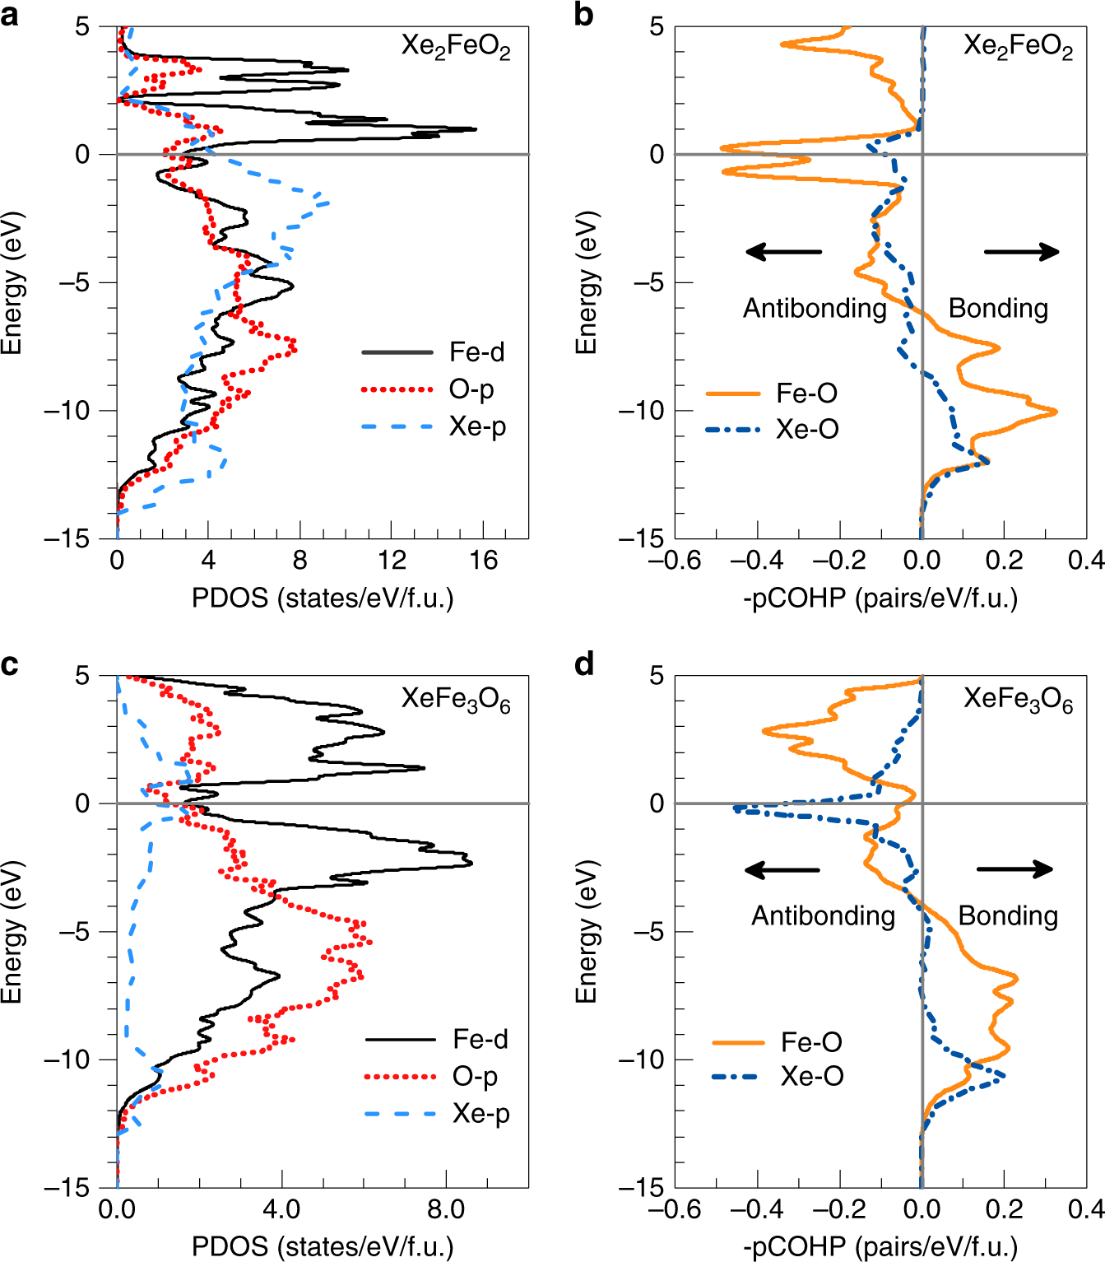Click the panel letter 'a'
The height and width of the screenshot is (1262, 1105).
coord(11,15)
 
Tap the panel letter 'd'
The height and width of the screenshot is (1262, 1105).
coord(584,664)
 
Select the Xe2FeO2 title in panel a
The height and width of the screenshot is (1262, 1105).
coord(455,47)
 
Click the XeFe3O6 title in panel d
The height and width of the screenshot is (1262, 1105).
coord(1018,701)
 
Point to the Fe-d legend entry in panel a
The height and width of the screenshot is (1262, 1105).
coord(476,352)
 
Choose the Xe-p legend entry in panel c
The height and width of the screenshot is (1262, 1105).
coord(481,1114)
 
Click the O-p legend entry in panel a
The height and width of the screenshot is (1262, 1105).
coord(471,389)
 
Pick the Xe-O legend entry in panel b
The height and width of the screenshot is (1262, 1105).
coord(806,429)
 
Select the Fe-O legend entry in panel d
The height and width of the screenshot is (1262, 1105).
coord(810,1042)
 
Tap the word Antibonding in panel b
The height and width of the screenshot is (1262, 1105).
coord(815,308)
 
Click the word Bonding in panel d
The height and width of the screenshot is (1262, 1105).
coord(1008,915)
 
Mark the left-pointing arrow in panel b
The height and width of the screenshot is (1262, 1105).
coord(783,252)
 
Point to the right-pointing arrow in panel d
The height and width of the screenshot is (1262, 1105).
coord(1014,869)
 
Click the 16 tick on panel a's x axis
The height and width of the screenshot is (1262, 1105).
coord(483,561)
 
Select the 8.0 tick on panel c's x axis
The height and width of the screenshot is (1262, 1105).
coord(446,1209)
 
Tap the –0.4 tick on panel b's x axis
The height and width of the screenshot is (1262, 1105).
coord(756,561)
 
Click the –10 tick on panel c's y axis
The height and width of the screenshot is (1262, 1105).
coord(69,1059)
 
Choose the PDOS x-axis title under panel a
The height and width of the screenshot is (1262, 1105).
coord(323,598)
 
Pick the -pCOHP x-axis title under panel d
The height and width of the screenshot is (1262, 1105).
coord(880,1246)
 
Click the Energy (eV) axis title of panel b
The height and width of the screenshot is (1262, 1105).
coord(586,283)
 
